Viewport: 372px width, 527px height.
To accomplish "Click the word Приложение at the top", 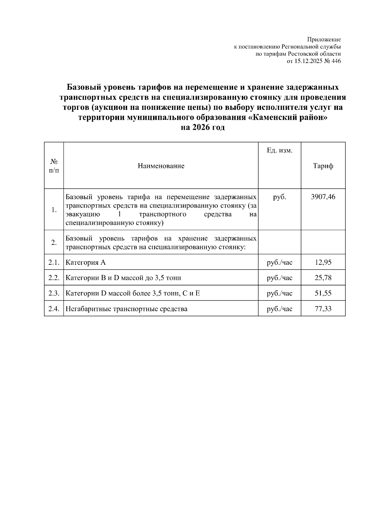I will coord(324,40).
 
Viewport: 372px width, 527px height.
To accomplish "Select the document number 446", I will coord(336,61).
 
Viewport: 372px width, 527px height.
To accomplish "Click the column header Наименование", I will coord(161,166).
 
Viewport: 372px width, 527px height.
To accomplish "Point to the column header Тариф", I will coord(323,166).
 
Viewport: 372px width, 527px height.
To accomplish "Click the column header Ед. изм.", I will coord(279,151).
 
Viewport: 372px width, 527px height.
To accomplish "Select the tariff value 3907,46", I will coord(323,197).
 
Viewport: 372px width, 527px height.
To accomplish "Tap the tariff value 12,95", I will coord(323,263).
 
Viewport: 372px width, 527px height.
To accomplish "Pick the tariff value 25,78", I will coord(323,278).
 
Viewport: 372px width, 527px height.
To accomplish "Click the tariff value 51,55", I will coord(323,293).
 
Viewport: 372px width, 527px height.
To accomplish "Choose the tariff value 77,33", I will coord(323,309).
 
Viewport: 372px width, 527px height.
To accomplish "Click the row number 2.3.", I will coord(54,293).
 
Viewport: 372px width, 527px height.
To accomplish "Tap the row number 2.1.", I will coord(54,263).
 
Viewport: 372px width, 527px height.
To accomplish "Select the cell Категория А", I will coord(86,263).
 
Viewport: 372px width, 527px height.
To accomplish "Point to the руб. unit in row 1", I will coord(279,197).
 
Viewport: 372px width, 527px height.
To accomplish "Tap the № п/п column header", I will coord(54,166).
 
